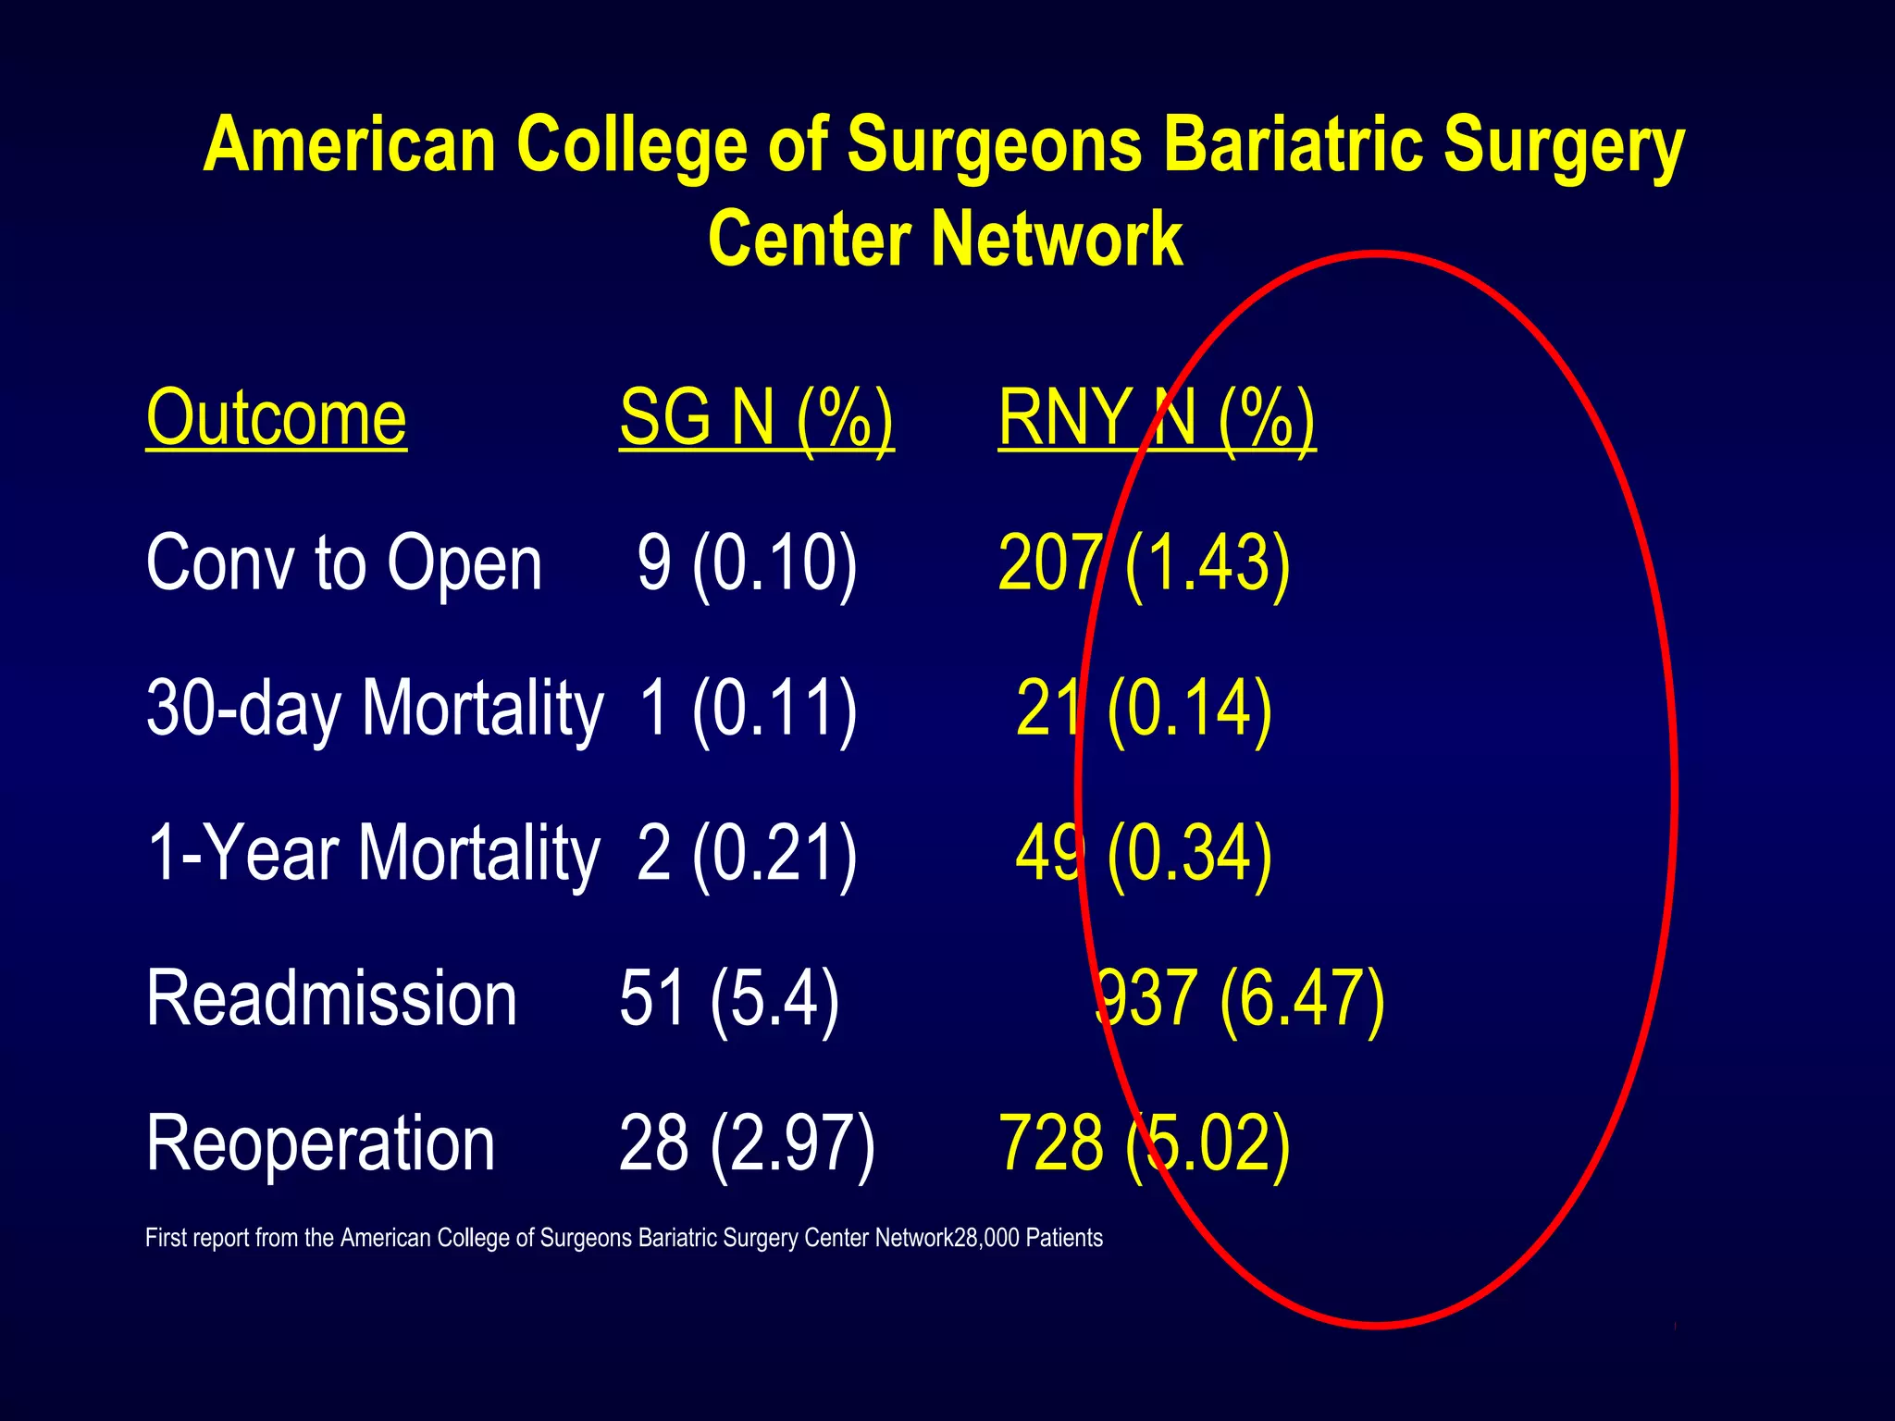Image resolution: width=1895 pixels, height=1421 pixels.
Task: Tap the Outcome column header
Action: (276, 419)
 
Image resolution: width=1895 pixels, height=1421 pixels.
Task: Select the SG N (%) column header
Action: (756, 419)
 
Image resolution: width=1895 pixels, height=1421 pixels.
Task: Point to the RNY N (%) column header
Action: (1156, 419)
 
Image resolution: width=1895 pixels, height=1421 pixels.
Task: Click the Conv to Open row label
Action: (344, 563)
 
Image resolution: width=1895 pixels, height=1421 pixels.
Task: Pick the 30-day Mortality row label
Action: (375, 709)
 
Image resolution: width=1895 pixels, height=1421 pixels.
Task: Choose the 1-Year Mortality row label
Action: (374, 853)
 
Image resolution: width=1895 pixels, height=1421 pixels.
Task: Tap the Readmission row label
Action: (331, 999)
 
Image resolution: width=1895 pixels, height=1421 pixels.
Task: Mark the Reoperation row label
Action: (320, 1144)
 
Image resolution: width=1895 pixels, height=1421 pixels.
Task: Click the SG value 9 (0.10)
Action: (747, 563)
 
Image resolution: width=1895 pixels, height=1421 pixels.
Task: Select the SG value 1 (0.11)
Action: (747, 709)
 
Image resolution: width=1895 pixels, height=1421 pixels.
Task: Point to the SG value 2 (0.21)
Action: (747, 853)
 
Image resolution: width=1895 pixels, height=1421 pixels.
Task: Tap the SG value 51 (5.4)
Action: (729, 999)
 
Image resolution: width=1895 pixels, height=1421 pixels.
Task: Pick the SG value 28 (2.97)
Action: (747, 1144)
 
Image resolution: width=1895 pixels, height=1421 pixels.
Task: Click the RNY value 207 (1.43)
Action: (1144, 563)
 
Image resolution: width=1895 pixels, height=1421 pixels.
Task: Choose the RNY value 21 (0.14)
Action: (1144, 709)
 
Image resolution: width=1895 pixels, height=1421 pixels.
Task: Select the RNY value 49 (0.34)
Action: (1144, 853)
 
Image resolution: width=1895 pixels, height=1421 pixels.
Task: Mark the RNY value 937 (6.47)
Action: (1240, 999)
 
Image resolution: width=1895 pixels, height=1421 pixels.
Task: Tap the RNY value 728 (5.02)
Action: (1144, 1144)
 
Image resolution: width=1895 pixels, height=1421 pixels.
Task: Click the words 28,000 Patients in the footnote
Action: (1028, 1239)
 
